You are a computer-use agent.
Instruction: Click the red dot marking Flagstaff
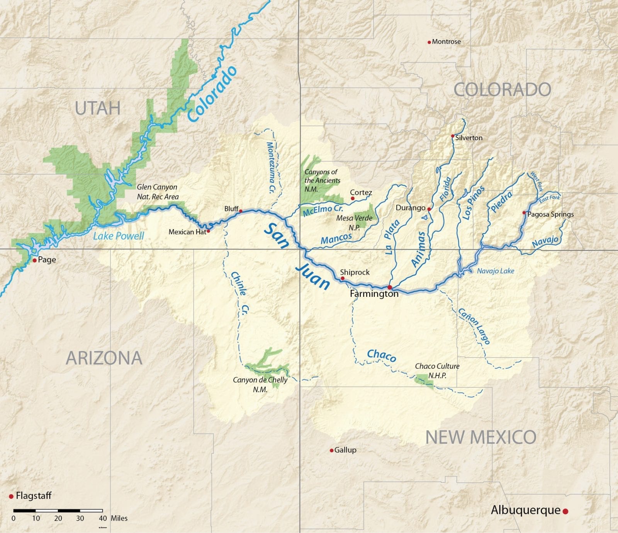[x=11, y=496]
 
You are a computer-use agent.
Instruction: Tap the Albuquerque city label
[x=525, y=510]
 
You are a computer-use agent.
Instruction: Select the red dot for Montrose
[x=429, y=42]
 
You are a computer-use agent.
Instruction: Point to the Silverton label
[x=469, y=138]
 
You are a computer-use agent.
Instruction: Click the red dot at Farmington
[x=390, y=287]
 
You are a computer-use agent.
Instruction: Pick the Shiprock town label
[x=355, y=272]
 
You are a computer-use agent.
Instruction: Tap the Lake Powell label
[x=119, y=236]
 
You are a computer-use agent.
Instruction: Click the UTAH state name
[x=98, y=108]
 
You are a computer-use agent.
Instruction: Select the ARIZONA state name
[x=104, y=358]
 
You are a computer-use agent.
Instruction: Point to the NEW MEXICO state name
[x=480, y=437]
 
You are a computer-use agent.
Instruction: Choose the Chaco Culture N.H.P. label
[x=437, y=370]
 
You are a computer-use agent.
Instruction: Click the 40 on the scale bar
[x=103, y=518]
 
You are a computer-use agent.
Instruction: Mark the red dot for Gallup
[x=331, y=450]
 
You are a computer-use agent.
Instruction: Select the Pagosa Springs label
[x=550, y=214]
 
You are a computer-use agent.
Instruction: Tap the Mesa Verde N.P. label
[x=354, y=223]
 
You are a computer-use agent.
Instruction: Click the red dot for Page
[x=35, y=261]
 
